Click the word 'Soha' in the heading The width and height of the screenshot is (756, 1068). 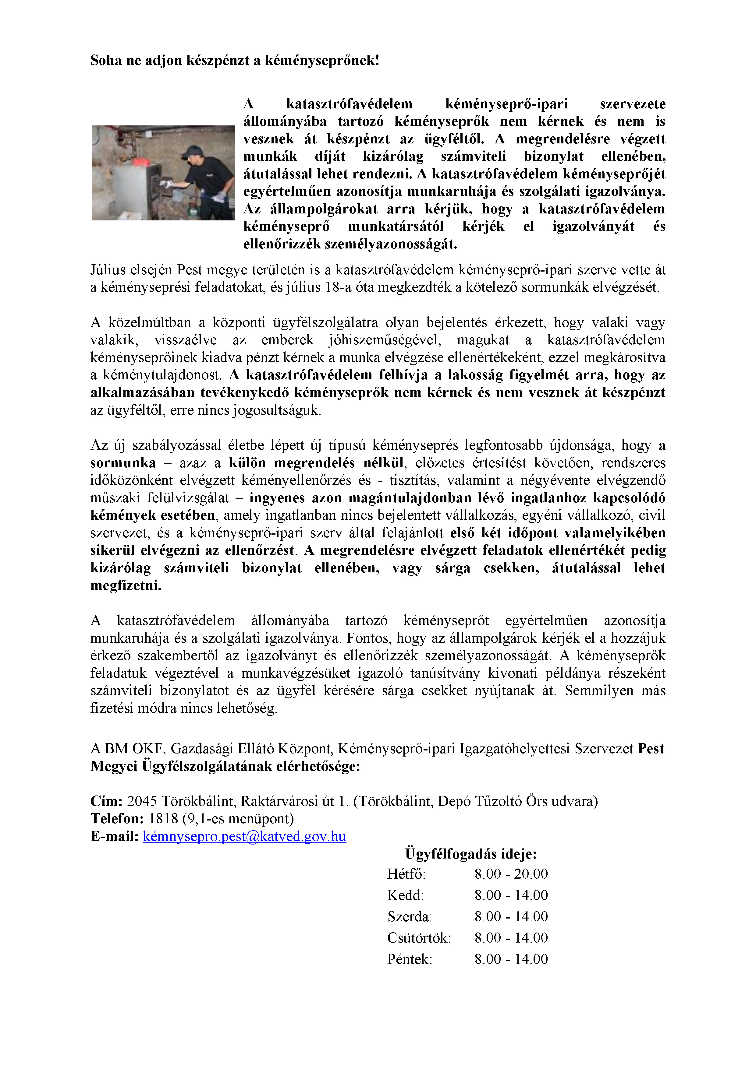click(x=105, y=61)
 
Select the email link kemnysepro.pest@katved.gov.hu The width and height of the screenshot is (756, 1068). click(x=244, y=836)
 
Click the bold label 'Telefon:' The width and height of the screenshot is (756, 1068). click(x=117, y=819)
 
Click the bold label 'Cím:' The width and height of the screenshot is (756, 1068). click(x=106, y=801)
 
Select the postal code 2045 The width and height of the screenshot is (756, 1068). click(x=142, y=801)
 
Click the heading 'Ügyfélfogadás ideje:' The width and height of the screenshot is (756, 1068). click(x=471, y=854)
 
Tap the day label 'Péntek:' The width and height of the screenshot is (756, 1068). click(x=410, y=959)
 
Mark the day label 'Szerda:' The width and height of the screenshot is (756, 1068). click(x=410, y=916)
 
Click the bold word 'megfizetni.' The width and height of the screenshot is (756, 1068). click(x=126, y=586)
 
